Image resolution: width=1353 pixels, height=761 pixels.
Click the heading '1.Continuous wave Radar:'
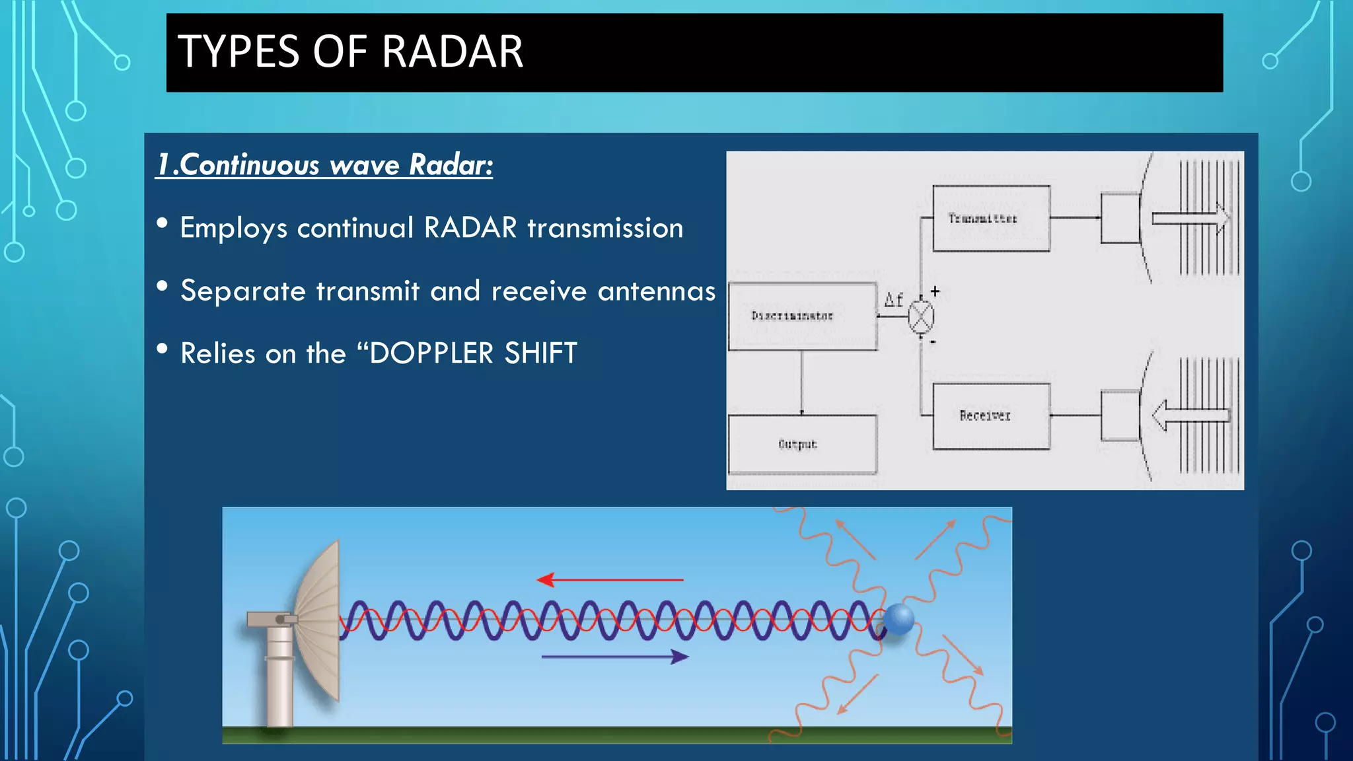pyautogui.click(x=324, y=165)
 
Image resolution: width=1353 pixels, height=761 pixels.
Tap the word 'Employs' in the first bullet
pyautogui.click(x=233, y=229)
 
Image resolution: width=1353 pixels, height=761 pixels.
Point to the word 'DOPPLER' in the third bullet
pyautogui.click(x=431, y=353)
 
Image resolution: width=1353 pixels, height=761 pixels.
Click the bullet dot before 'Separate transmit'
pyautogui.click(x=162, y=286)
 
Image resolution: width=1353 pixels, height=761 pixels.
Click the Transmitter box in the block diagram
pyautogui.click(x=990, y=219)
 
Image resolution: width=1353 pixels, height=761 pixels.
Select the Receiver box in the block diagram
pyautogui.click(x=990, y=416)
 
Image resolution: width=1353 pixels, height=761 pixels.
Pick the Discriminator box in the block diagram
pyautogui.click(x=802, y=316)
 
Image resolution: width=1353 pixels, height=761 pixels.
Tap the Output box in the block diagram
pyautogui.click(x=802, y=445)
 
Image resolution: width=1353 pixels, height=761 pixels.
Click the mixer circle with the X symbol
pyautogui.click(x=920, y=317)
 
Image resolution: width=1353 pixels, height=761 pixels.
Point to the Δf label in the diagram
pyautogui.click(x=893, y=301)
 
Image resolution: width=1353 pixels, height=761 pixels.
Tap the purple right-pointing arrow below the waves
pyautogui.click(x=614, y=657)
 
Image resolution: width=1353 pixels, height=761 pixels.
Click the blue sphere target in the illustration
pyautogui.click(x=898, y=620)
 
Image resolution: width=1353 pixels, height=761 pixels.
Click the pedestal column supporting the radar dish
pyautogui.click(x=279, y=680)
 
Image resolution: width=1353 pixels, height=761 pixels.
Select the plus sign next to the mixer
pyautogui.click(x=935, y=291)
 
